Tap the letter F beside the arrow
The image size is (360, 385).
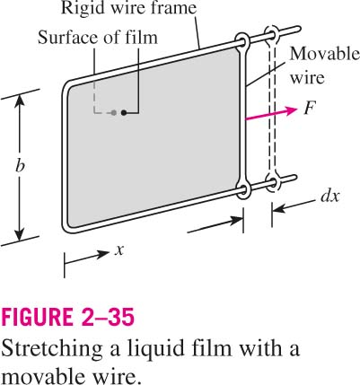pos(310,108)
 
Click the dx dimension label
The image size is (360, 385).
pos(329,197)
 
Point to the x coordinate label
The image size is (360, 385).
pos(119,250)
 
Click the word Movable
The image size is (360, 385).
pos(325,55)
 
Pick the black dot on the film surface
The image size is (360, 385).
pos(124,113)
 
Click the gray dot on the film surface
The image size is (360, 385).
pos(114,113)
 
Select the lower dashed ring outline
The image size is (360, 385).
pos(272,182)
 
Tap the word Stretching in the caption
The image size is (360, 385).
pos(52,348)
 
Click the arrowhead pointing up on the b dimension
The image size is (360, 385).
pos(20,101)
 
